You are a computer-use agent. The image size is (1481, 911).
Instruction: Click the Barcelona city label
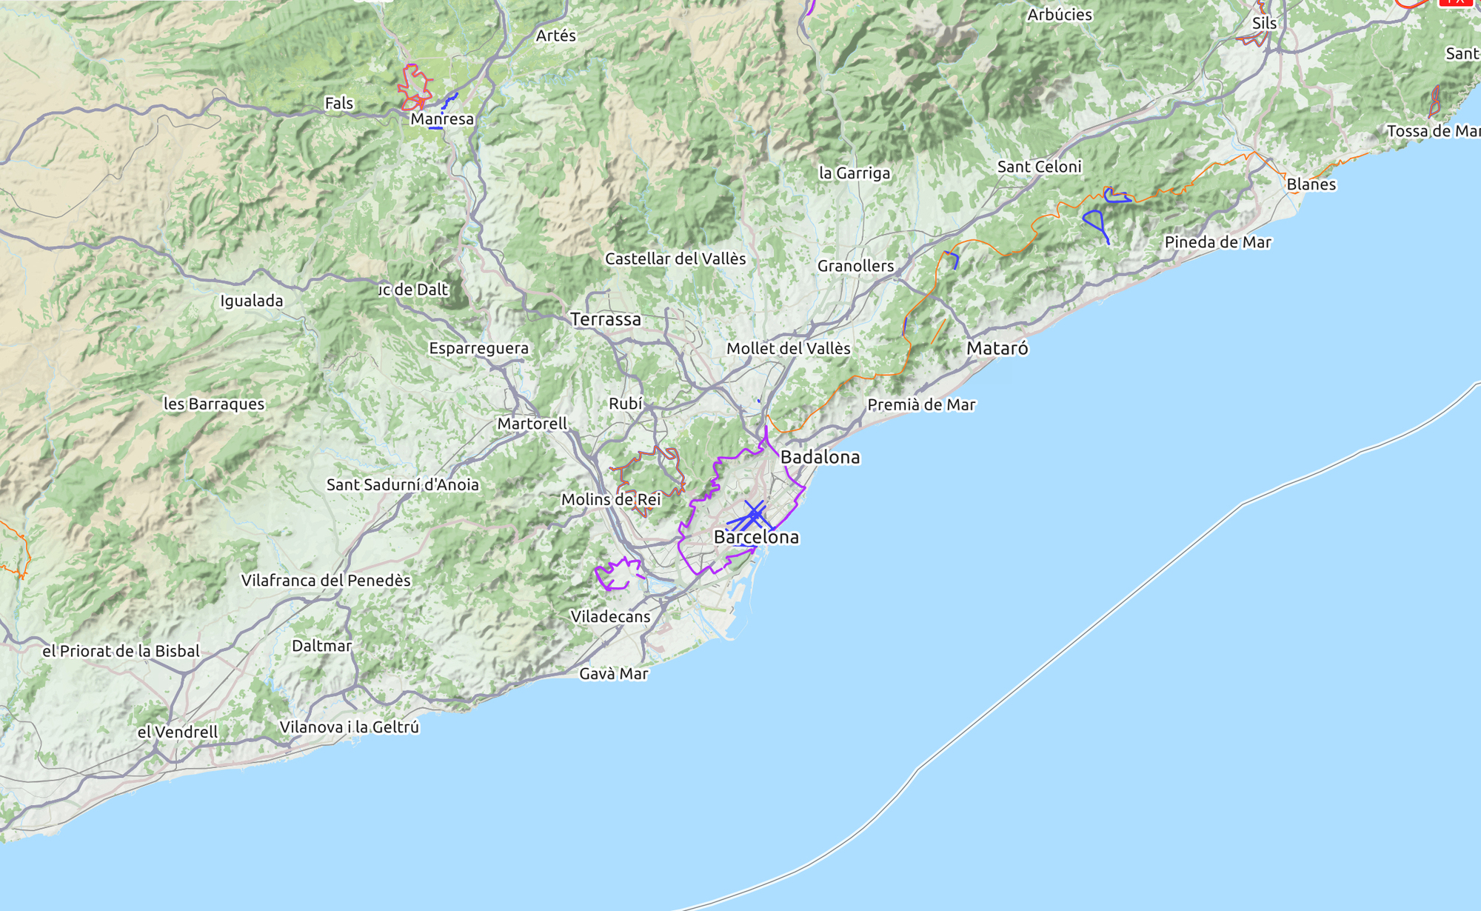756,537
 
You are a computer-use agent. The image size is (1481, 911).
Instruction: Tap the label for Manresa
442,119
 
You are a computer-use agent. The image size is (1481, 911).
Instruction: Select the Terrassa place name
606,319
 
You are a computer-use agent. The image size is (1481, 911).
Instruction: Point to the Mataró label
997,348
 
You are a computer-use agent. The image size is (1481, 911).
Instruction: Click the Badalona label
820,457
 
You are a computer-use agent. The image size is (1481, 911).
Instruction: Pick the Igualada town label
252,301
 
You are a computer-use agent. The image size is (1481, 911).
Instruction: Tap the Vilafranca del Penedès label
326,580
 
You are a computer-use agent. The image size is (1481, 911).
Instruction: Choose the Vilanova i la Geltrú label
350,727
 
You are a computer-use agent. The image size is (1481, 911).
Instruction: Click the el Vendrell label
178,732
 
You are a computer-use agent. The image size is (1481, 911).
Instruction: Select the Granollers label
855,266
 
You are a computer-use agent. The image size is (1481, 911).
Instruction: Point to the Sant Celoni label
1039,167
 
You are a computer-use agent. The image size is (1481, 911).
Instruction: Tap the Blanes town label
1311,184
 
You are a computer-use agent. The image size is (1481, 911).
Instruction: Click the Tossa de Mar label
1433,131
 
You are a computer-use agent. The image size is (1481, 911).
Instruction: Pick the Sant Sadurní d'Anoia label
403,484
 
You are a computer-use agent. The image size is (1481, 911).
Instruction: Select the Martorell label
532,424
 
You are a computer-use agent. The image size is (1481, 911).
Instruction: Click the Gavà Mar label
613,674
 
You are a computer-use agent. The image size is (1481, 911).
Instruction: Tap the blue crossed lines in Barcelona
754,514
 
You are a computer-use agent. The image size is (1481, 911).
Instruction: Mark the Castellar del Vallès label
675,258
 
